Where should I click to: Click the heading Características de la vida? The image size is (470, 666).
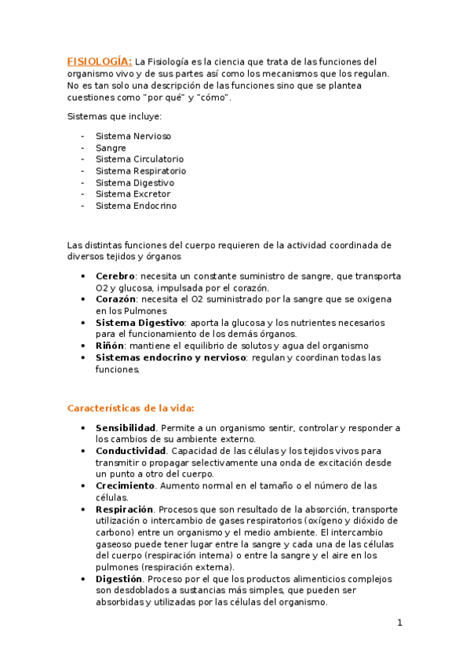click(x=130, y=408)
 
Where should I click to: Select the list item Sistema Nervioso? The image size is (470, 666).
click(x=133, y=136)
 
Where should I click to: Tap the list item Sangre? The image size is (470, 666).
click(x=111, y=148)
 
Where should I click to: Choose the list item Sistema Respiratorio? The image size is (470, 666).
click(x=140, y=170)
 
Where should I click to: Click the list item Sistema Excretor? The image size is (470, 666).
click(x=133, y=194)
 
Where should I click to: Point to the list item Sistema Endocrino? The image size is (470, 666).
click(x=136, y=206)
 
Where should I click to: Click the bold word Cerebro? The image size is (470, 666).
click(x=115, y=276)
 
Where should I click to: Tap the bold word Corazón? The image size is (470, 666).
click(x=116, y=299)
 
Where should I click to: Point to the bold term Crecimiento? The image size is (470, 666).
click(x=125, y=485)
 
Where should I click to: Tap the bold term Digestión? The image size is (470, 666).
click(x=120, y=579)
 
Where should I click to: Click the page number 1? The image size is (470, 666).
click(x=399, y=624)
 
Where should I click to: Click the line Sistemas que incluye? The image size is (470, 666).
click(x=115, y=116)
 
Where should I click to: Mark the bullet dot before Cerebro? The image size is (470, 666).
click(x=84, y=276)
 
